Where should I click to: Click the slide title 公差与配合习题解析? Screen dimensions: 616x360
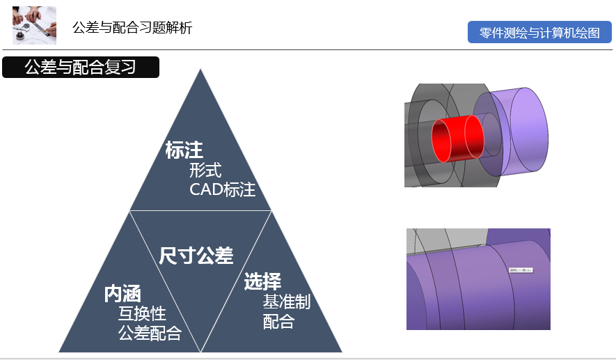[x=132, y=28]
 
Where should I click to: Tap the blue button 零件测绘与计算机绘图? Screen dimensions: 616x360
[x=539, y=33]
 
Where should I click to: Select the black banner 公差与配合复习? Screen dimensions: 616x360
[x=81, y=67]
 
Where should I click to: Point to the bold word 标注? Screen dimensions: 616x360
[x=184, y=150]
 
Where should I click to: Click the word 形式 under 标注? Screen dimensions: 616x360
[x=205, y=170]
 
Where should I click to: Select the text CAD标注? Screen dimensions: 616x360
[x=223, y=189]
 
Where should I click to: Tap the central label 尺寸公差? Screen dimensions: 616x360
[x=196, y=256]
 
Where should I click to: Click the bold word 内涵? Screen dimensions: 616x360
[x=123, y=294]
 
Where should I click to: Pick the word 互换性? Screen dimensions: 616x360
[x=142, y=313]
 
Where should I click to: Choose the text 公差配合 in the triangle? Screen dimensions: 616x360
[x=150, y=333]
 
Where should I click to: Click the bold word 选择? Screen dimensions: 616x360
[x=262, y=281]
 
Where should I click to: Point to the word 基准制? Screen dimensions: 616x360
[x=286, y=302]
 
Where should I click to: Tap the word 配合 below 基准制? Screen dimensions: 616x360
[x=278, y=321]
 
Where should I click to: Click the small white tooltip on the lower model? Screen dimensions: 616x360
[x=520, y=269]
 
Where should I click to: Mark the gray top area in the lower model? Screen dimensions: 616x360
[x=445, y=238]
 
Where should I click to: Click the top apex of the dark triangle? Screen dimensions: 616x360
[x=200, y=71]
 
